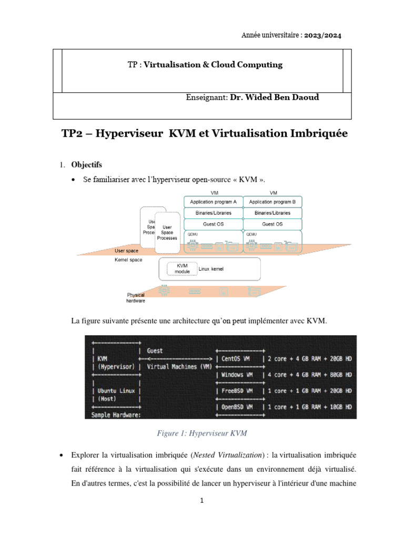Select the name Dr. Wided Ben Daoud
point(275,98)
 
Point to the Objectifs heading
point(87,165)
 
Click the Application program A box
point(213,202)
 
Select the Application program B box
point(272,202)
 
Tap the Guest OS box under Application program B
point(272,224)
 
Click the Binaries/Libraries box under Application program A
point(213,213)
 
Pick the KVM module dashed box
point(182,268)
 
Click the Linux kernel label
point(211,268)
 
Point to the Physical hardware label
point(136,298)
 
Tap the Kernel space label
point(128,260)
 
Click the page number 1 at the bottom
point(202,501)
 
